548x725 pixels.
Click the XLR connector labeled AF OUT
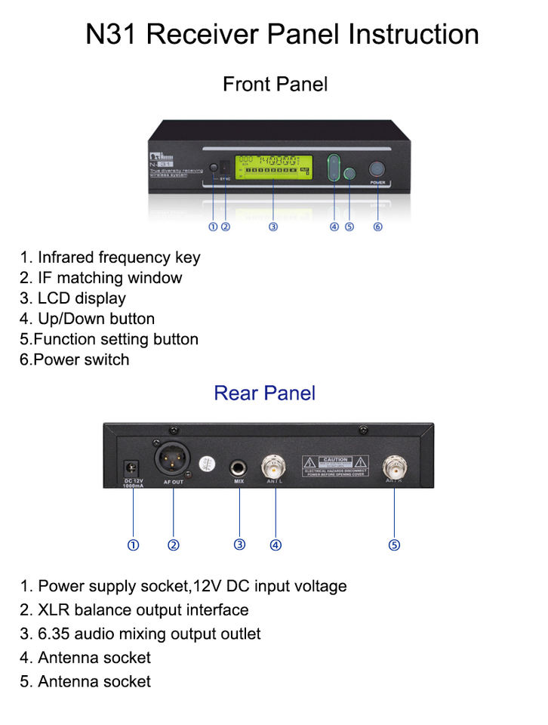[173, 458]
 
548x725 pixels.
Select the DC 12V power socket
[132, 467]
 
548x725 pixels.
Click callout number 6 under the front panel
[377, 227]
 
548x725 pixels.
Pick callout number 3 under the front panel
[273, 227]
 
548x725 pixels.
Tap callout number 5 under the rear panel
[394, 545]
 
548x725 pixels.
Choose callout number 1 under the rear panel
[133, 545]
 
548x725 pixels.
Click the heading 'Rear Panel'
[264, 393]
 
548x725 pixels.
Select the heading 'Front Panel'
[275, 84]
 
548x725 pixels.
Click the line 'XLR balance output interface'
[143, 609]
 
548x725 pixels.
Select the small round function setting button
[349, 174]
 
